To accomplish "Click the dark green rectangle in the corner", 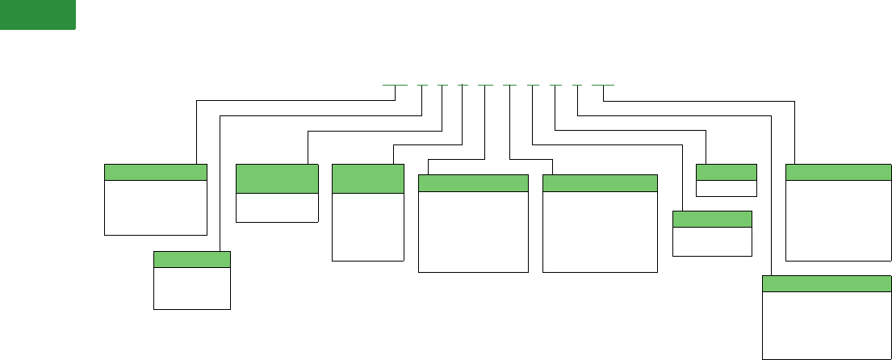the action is click(37, 15).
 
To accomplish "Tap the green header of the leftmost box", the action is click(155, 172).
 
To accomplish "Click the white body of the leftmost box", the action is click(155, 207).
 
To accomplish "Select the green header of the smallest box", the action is click(726, 171).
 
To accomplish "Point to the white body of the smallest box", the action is click(726, 188).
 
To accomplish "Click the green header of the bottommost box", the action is click(827, 283).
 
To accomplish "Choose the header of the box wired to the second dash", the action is click(191, 258).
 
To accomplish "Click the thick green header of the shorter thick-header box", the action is click(276, 178).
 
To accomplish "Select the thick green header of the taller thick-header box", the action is click(367, 178).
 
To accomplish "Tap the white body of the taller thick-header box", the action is click(367, 227).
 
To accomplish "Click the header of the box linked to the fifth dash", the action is click(473, 182).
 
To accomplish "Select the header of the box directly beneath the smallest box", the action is click(712, 219).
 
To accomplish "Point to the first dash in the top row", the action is click(395, 85).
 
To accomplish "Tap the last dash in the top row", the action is click(603, 85).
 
